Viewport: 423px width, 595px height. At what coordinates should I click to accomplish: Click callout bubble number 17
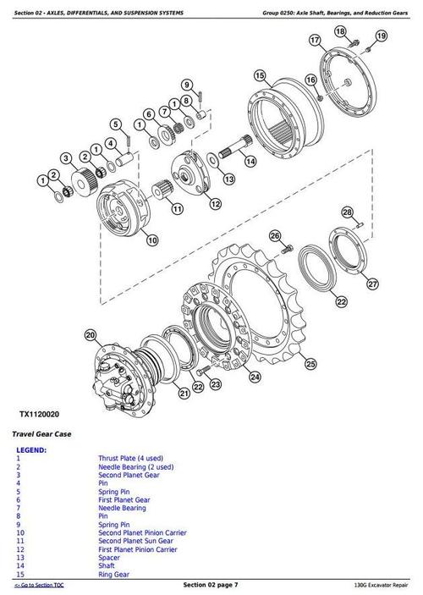[x=315, y=40]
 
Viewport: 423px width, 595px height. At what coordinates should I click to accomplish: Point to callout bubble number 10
[x=152, y=240]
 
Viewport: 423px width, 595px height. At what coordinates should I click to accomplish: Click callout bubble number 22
[x=341, y=300]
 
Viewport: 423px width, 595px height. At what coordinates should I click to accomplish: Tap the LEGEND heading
[x=31, y=450]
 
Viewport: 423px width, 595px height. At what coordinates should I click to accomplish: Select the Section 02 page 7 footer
[x=211, y=586]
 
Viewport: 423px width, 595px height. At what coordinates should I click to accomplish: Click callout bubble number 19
[x=381, y=36]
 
